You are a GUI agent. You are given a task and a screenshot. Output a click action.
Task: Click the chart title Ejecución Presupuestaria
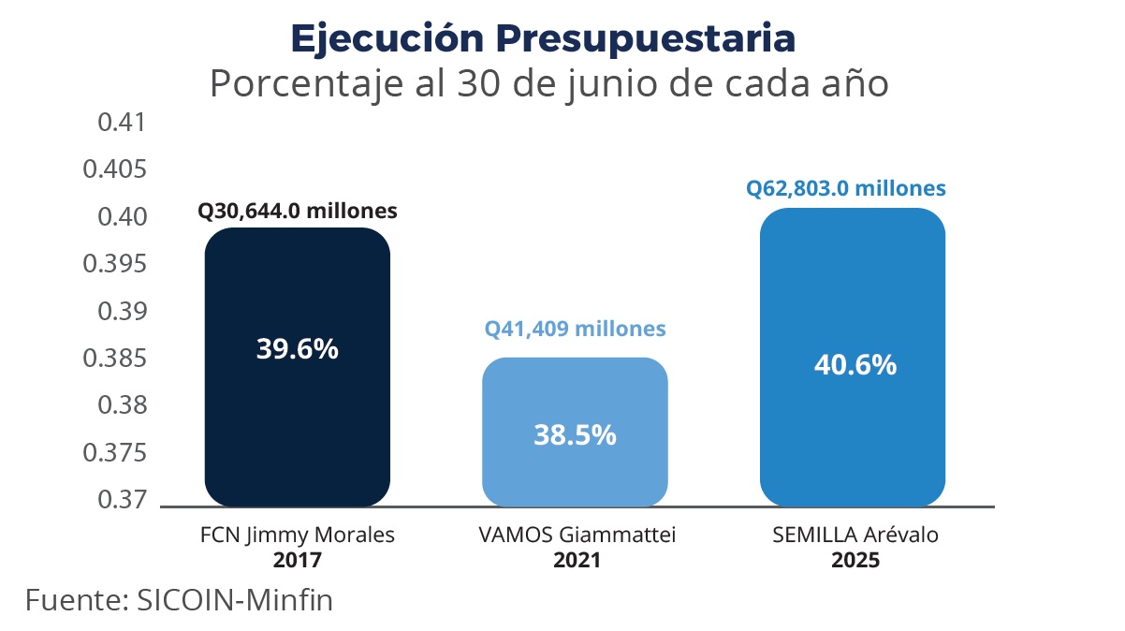click(x=543, y=37)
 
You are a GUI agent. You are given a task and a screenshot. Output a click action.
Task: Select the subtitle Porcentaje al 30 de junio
click(x=548, y=84)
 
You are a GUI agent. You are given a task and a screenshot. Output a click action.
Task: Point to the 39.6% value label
click(x=297, y=349)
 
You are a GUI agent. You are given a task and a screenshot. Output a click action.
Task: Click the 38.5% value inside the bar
click(x=575, y=434)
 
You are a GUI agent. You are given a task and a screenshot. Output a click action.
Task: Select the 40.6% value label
click(x=852, y=364)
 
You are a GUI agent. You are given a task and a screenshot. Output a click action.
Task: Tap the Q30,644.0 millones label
click(x=297, y=211)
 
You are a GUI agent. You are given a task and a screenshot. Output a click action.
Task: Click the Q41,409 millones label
click(x=575, y=330)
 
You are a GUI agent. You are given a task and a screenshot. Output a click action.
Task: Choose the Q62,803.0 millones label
click(x=845, y=188)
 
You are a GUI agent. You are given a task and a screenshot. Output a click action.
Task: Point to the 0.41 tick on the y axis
click(x=123, y=123)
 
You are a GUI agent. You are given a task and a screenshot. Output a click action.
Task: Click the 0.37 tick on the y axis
click(x=123, y=500)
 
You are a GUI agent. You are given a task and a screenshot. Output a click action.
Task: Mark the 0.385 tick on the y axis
click(x=115, y=359)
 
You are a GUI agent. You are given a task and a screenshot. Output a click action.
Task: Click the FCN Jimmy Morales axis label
click(x=297, y=536)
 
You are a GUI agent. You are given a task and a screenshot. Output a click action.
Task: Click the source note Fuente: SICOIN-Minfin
click(x=179, y=599)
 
